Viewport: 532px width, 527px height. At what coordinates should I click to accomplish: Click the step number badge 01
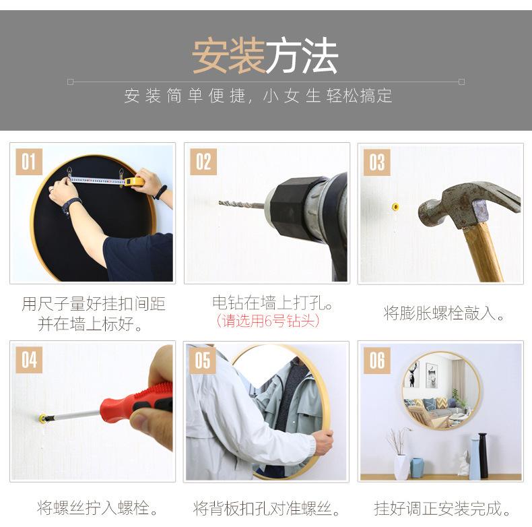point(29,162)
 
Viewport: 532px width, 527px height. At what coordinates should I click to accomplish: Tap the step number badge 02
point(203,162)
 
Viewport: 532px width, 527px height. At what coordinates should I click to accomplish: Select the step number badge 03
point(377,162)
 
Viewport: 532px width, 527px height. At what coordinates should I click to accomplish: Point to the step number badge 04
point(29,360)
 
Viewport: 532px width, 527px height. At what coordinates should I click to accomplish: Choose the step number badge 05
point(203,360)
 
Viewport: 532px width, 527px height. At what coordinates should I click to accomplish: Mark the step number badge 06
point(377,361)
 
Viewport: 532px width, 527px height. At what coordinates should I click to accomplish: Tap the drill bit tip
point(220,203)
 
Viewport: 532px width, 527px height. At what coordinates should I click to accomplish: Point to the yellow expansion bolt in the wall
point(395,206)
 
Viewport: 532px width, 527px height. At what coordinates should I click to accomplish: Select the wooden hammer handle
point(483,252)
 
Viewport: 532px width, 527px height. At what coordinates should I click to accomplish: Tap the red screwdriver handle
point(137,402)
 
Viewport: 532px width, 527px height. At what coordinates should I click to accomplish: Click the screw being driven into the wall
point(42,418)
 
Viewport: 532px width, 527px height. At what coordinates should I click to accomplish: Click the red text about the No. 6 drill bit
point(268,321)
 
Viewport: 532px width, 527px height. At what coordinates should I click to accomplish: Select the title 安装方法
point(265,56)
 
